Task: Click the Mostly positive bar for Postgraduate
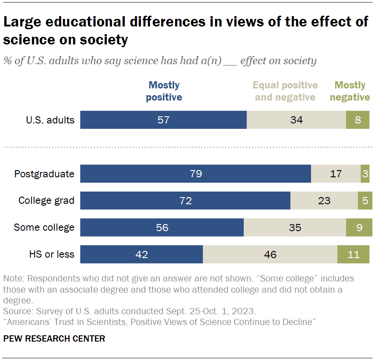(196, 174)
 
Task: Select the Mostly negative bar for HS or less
(354, 255)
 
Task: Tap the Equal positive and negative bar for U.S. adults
(296, 120)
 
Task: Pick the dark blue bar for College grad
(185, 201)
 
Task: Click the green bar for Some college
(359, 228)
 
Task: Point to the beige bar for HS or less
(270, 255)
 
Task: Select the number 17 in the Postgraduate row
(336, 174)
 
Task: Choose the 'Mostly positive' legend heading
(164, 91)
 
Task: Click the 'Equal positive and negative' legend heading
(285, 91)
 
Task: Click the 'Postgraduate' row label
(44, 174)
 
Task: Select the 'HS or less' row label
(52, 255)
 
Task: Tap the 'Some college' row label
(44, 228)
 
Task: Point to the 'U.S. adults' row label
(50, 120)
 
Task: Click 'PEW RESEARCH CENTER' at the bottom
(54, 338)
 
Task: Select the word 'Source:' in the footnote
(17, 311)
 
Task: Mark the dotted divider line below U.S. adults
(188, 147)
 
